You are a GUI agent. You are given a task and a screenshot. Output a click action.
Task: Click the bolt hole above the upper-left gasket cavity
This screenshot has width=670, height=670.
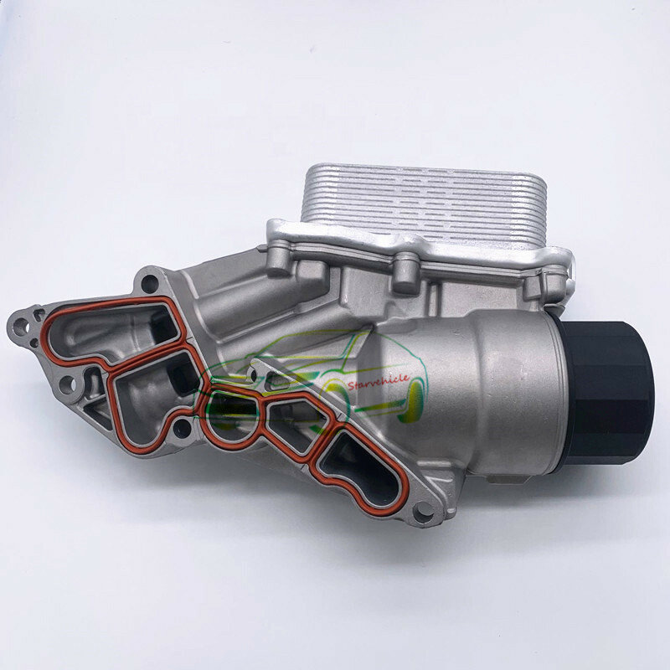point(150,280)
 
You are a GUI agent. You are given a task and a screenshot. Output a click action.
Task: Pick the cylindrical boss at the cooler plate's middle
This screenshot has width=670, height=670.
point(406,267)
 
